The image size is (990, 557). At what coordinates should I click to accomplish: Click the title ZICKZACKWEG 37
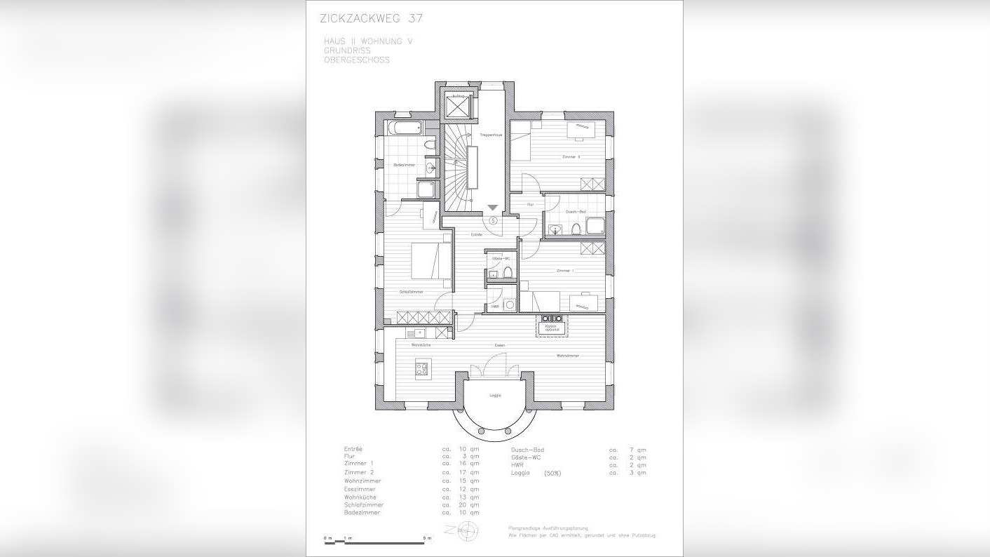click(x=371, y=18)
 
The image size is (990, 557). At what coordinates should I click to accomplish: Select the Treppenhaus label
click(x=491, y=135)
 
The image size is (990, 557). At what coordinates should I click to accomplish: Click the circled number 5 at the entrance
click(x=493, y=220)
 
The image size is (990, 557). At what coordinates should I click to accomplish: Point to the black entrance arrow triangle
click(x=493, y=208)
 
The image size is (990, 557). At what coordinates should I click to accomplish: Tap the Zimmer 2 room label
click(x=571, y=156)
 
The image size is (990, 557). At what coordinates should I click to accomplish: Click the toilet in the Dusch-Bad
click(x=575, y=227)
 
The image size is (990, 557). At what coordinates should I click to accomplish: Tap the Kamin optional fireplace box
click(x=552, y=326)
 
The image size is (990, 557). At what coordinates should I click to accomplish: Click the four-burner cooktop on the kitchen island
click(x=421, y=368)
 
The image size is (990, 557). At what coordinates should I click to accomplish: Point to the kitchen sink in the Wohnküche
click(x=419, y=334)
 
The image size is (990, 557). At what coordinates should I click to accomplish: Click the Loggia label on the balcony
click(x=494, y=396)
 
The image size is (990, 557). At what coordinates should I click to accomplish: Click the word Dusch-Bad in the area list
click(x=528, y=450)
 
